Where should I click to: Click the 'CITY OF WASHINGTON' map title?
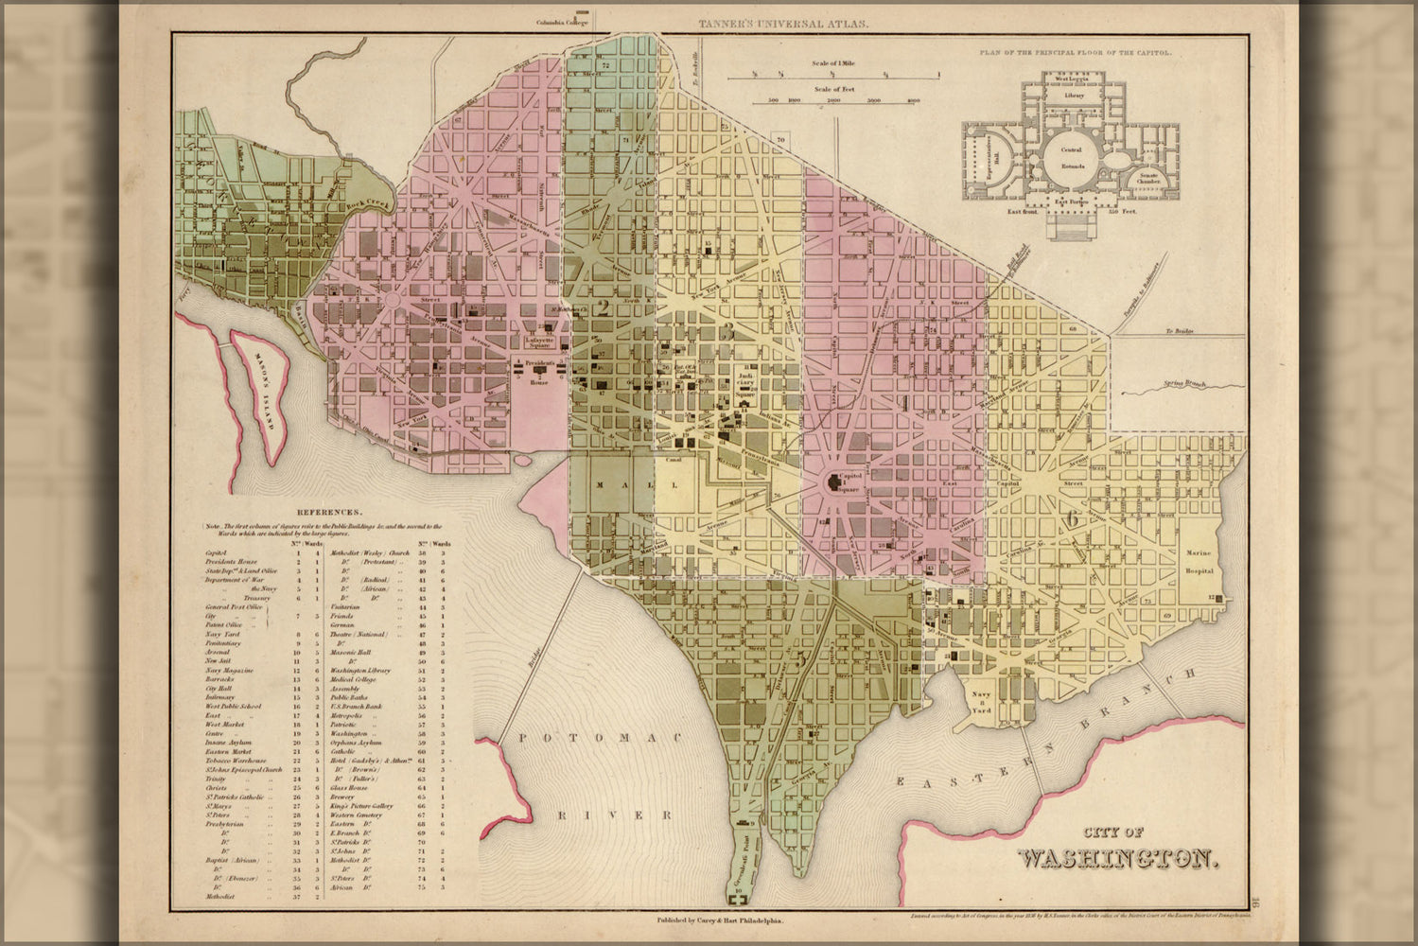click(x=1117, y=850)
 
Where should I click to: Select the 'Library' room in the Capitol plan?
click(x=1073, y=96)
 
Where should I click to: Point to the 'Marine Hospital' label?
click(x=1199, y=562)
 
